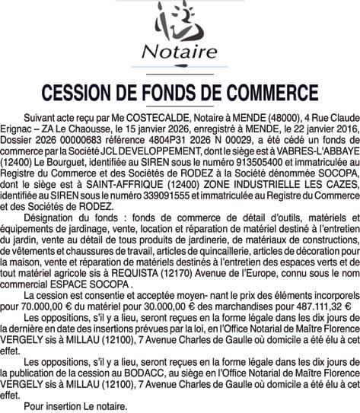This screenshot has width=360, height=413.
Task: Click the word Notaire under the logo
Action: [180, 53]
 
